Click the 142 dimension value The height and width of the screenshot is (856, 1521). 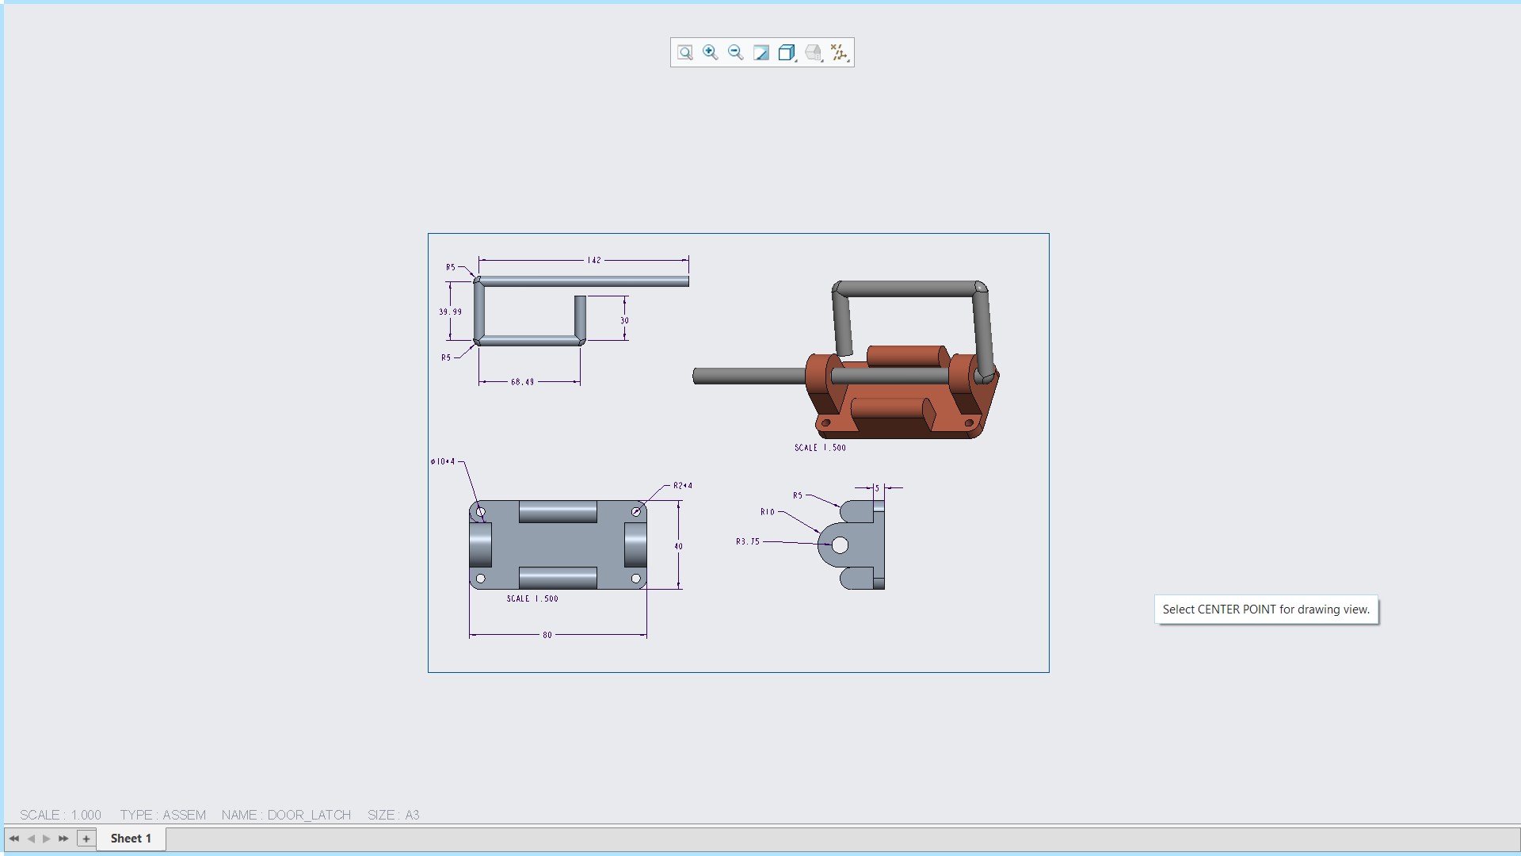[x=594, y=260]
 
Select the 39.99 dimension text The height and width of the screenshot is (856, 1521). [x=451, y=311]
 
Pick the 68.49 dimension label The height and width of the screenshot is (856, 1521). [x=522, y=382]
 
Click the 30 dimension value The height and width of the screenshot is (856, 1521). [x=624, y=321]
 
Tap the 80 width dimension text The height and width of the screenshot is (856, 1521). [x=547, y=635]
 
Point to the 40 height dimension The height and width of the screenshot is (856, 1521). [x=678, y=546]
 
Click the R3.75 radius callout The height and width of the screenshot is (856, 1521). [x=747, y=541]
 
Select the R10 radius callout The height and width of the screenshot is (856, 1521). [x=767, y=512]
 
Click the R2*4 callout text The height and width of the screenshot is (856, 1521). [x=682, y=485]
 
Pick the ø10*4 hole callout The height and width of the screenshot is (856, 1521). [x=443, y=461]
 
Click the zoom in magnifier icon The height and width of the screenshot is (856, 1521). [x=711, y=52]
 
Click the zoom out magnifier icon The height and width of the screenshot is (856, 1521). [x=736, y=52]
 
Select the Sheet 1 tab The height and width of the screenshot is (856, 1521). [x=131, y=838]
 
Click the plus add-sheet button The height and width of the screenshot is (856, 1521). [x=86, y=838]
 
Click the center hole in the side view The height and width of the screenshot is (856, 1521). [x=841, y=545]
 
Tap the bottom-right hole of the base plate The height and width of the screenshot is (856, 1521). [x=635, y=579]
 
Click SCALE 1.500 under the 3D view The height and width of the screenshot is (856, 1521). [x=820, y=448]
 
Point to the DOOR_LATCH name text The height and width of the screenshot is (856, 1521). [x=309, y=815]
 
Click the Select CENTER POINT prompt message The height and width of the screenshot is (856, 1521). [x=1265, y=610]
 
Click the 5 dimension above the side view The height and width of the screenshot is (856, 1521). [x=877, y=488]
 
